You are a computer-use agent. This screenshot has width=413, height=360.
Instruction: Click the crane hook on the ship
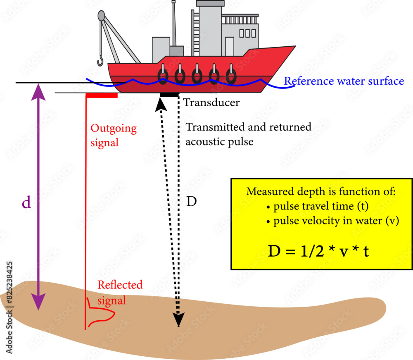click(100, 62)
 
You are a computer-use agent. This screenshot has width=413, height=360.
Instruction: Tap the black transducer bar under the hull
click(169, 95)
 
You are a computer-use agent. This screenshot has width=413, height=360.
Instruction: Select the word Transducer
click(211, 103)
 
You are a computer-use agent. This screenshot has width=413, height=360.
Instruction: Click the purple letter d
click(26, 203)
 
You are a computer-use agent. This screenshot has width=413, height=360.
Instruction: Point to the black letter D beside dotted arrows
click(191, 202)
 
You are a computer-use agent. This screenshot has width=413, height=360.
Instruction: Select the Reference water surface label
click(344, 81)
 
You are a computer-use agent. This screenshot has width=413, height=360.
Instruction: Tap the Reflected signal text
click(119, 292)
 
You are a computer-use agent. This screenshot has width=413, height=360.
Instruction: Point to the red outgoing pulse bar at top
click(102, 95)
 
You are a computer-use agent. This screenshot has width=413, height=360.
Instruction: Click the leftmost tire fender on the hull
click(163, 76)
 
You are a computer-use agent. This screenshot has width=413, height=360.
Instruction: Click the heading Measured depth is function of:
click(321, 192)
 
